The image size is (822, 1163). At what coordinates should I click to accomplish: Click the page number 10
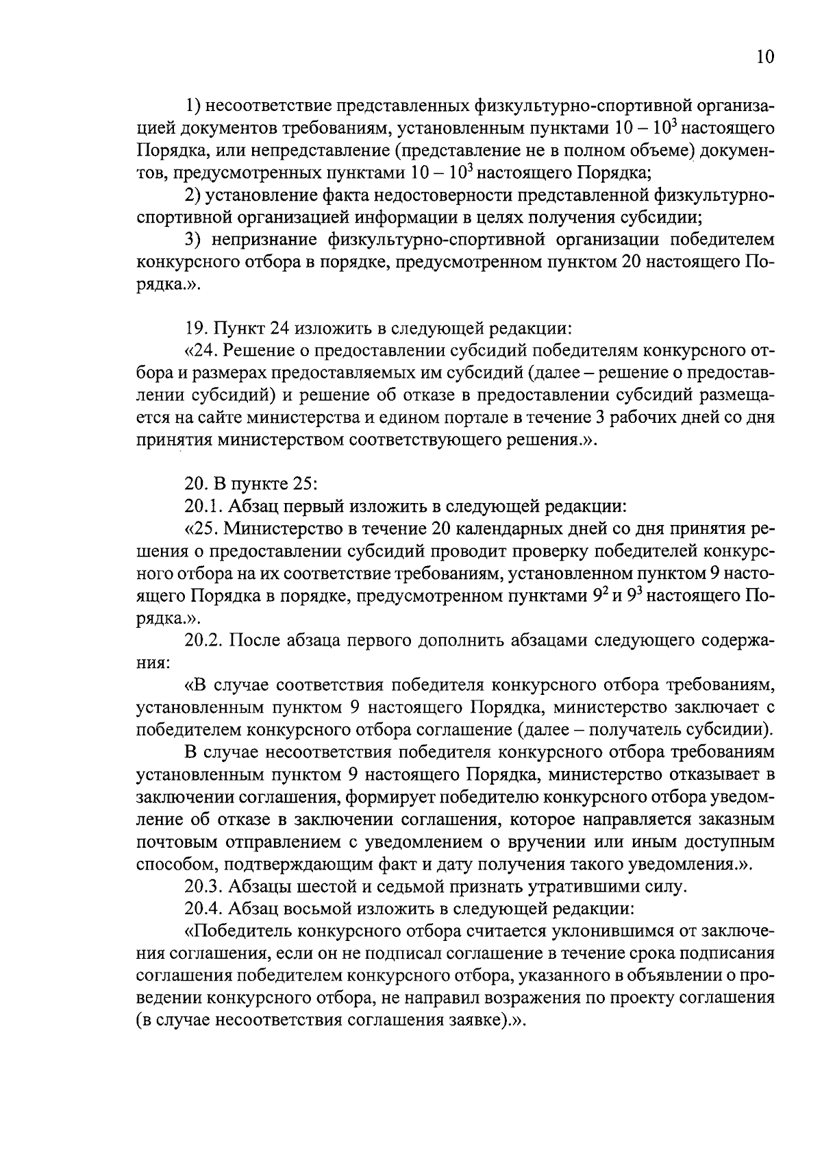click(x=764, y=57)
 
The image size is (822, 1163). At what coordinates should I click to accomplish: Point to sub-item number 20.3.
click(x=203, y=887)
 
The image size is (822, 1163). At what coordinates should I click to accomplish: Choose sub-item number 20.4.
click(x=203, y=909)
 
